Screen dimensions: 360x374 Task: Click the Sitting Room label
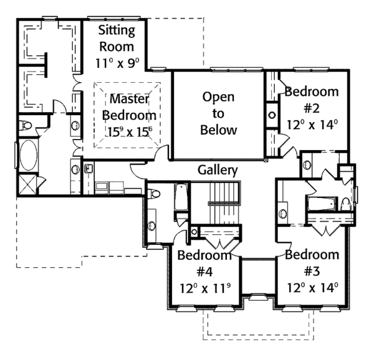[x=115, y=39]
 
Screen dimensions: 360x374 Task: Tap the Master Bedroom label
[x=128, y=107]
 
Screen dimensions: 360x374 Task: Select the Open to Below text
[x=218, y=113]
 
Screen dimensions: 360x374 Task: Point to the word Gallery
[x=218, y=170]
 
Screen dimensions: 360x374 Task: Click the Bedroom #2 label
[x=311, y=100]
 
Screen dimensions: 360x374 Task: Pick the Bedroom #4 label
[x=204, y=263]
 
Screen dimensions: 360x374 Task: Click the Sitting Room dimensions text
[x=117, y=64]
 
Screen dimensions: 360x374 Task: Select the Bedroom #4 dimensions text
[x=204, y=288]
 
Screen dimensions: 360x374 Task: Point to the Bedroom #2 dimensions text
[x=312, y=124]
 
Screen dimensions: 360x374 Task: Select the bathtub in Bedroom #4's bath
[x=180, y=197]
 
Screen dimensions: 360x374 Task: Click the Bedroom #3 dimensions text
[x=313, y=288]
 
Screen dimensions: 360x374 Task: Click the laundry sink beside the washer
[x=88, y=168]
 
